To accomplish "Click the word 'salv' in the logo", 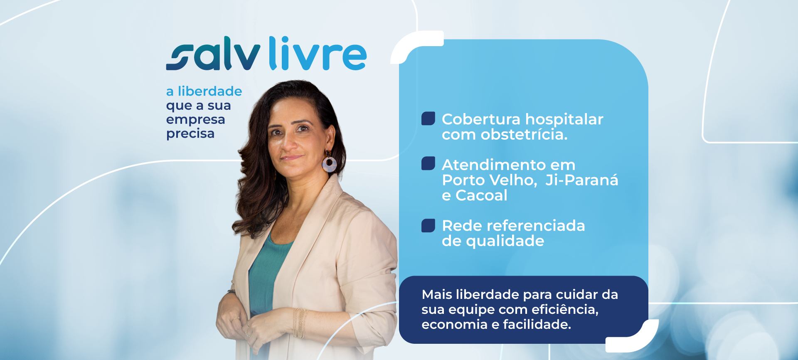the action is tap(213, 53).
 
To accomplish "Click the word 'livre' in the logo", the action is tap(318, 53).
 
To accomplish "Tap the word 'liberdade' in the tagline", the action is tap(210, 91).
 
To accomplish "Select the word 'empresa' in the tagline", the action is tap(195, 120).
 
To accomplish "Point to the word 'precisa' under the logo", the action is tap(190, 134).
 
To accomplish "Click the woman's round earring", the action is tap(329, 164).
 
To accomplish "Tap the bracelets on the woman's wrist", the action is tap(300, 323).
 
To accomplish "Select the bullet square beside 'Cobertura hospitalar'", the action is tap(428, 118).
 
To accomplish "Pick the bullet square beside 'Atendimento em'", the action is tap(428, 163).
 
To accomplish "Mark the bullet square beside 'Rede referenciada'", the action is tap(428, 225).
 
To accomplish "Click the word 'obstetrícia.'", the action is tap(524, 134).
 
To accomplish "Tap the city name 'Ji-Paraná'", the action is tap(582, 180).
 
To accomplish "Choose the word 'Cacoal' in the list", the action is tap(481, 195).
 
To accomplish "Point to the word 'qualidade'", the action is tap(505, 241).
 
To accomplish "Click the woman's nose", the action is tap(288, 143).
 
